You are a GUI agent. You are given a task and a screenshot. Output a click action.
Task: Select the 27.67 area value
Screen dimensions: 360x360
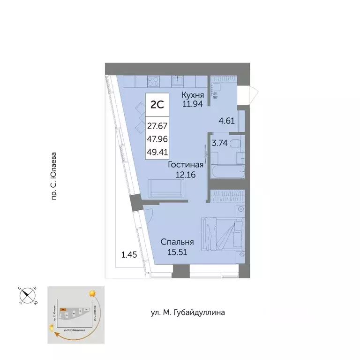click(x=157, y=126)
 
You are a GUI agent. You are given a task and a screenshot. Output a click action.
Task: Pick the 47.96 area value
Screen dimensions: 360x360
click(x=157, y=139)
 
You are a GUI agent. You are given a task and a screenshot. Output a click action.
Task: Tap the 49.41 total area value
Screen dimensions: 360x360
click(x=157, y=152)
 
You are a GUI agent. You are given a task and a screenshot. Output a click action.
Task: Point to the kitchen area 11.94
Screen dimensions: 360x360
click(x=192, y=104)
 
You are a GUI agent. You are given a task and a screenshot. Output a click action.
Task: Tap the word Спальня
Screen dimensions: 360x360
click(x=177, y=242)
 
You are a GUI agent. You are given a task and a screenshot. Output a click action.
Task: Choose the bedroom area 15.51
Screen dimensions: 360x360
click(x=177, y=252)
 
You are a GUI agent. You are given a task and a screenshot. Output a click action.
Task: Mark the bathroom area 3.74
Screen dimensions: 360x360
click(x=220, y=144)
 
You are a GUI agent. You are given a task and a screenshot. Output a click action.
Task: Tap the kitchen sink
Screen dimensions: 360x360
click(x=177, y=81)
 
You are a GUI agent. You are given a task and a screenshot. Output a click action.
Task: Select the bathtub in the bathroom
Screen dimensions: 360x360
click(x=226, y=172)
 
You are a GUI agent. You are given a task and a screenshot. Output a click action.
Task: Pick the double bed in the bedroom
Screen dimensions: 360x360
click(x=222, y=234)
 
